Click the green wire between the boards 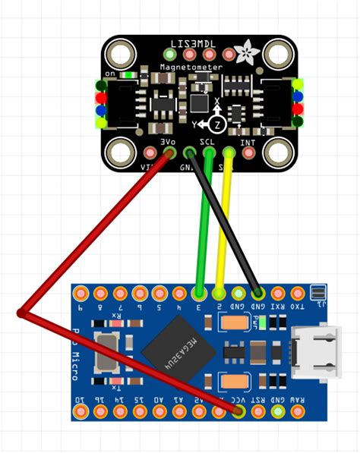pyautogui.click(x=203, y=228)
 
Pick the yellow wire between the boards pyautogui.click(x=223, y=228)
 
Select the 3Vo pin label pyautogui.click(x=168, y=141)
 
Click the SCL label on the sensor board pyautogui.click(x=207, y=141)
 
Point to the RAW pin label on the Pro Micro pyautogui.click(x=298, y=399)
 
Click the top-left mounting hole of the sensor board pyautogui.click(x=119, y=55)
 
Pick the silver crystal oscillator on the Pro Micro pyautogui.click(x=104, y=352)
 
